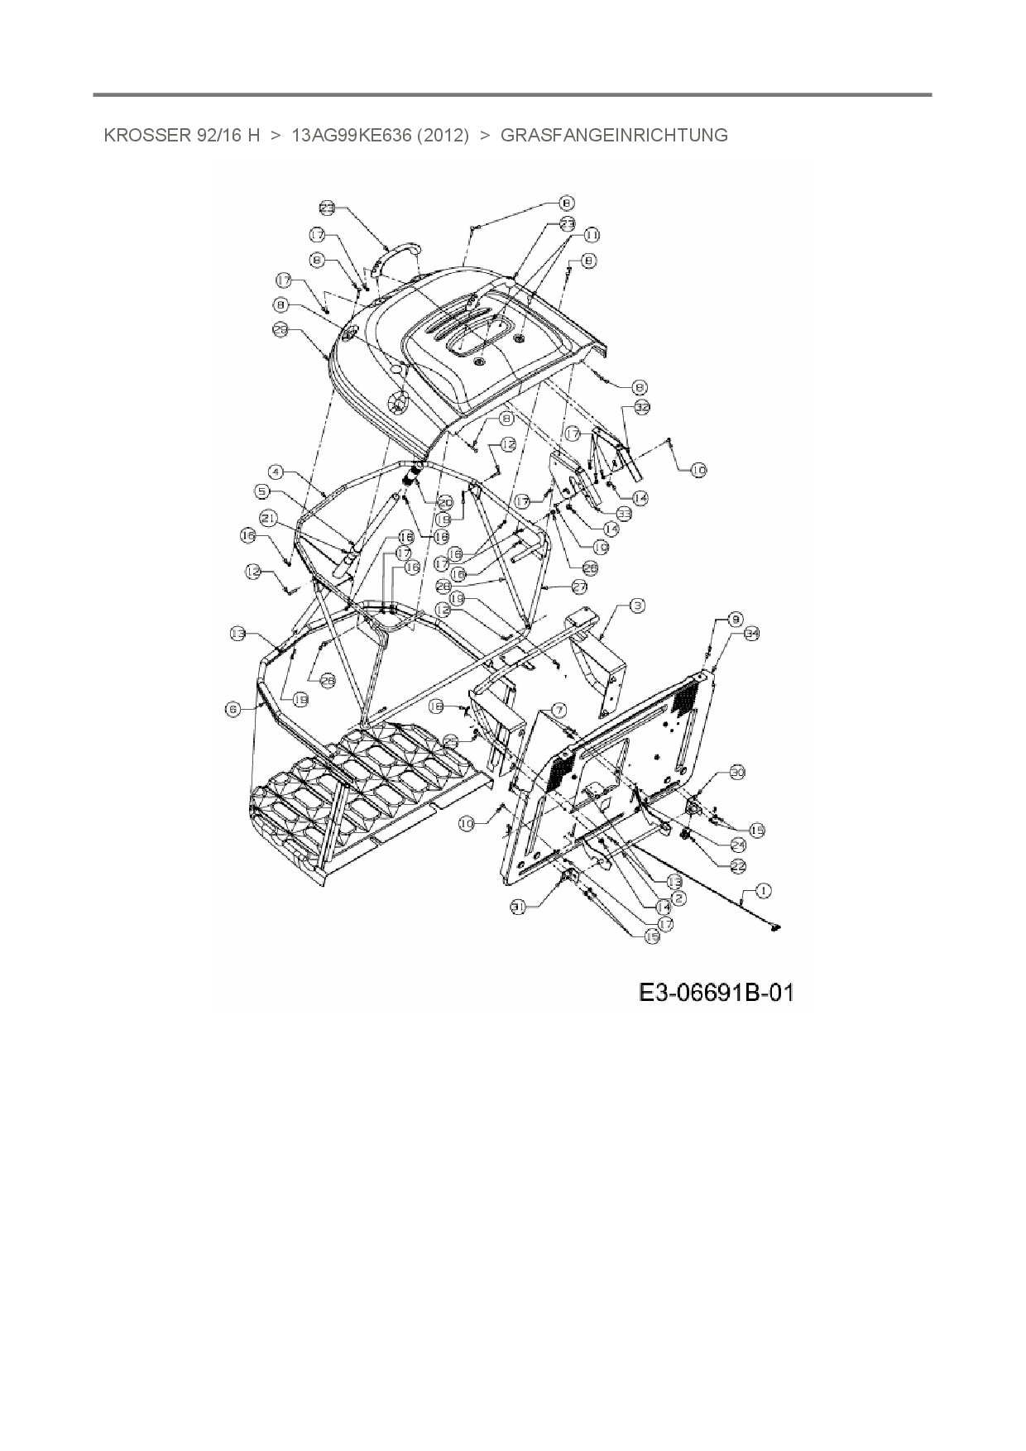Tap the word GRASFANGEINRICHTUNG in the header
click(x=615, y=136)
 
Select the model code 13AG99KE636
click(x=352, y=136)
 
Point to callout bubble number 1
click(x=762, y=890)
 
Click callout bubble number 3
click(x=637, y=606)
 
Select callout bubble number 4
click(x=276, y=472)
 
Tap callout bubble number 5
click(x=261, y=491)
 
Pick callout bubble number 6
click(x=231, y=708)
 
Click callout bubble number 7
click(x=559, y=710)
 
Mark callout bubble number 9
click(x=734, y=618)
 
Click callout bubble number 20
click(x=445, y=502)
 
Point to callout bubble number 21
click(x=267, y=518)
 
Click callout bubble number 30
click(x=735, y=772)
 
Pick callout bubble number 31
click(x=519, y=907)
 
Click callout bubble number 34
click(x=751, y=634)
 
